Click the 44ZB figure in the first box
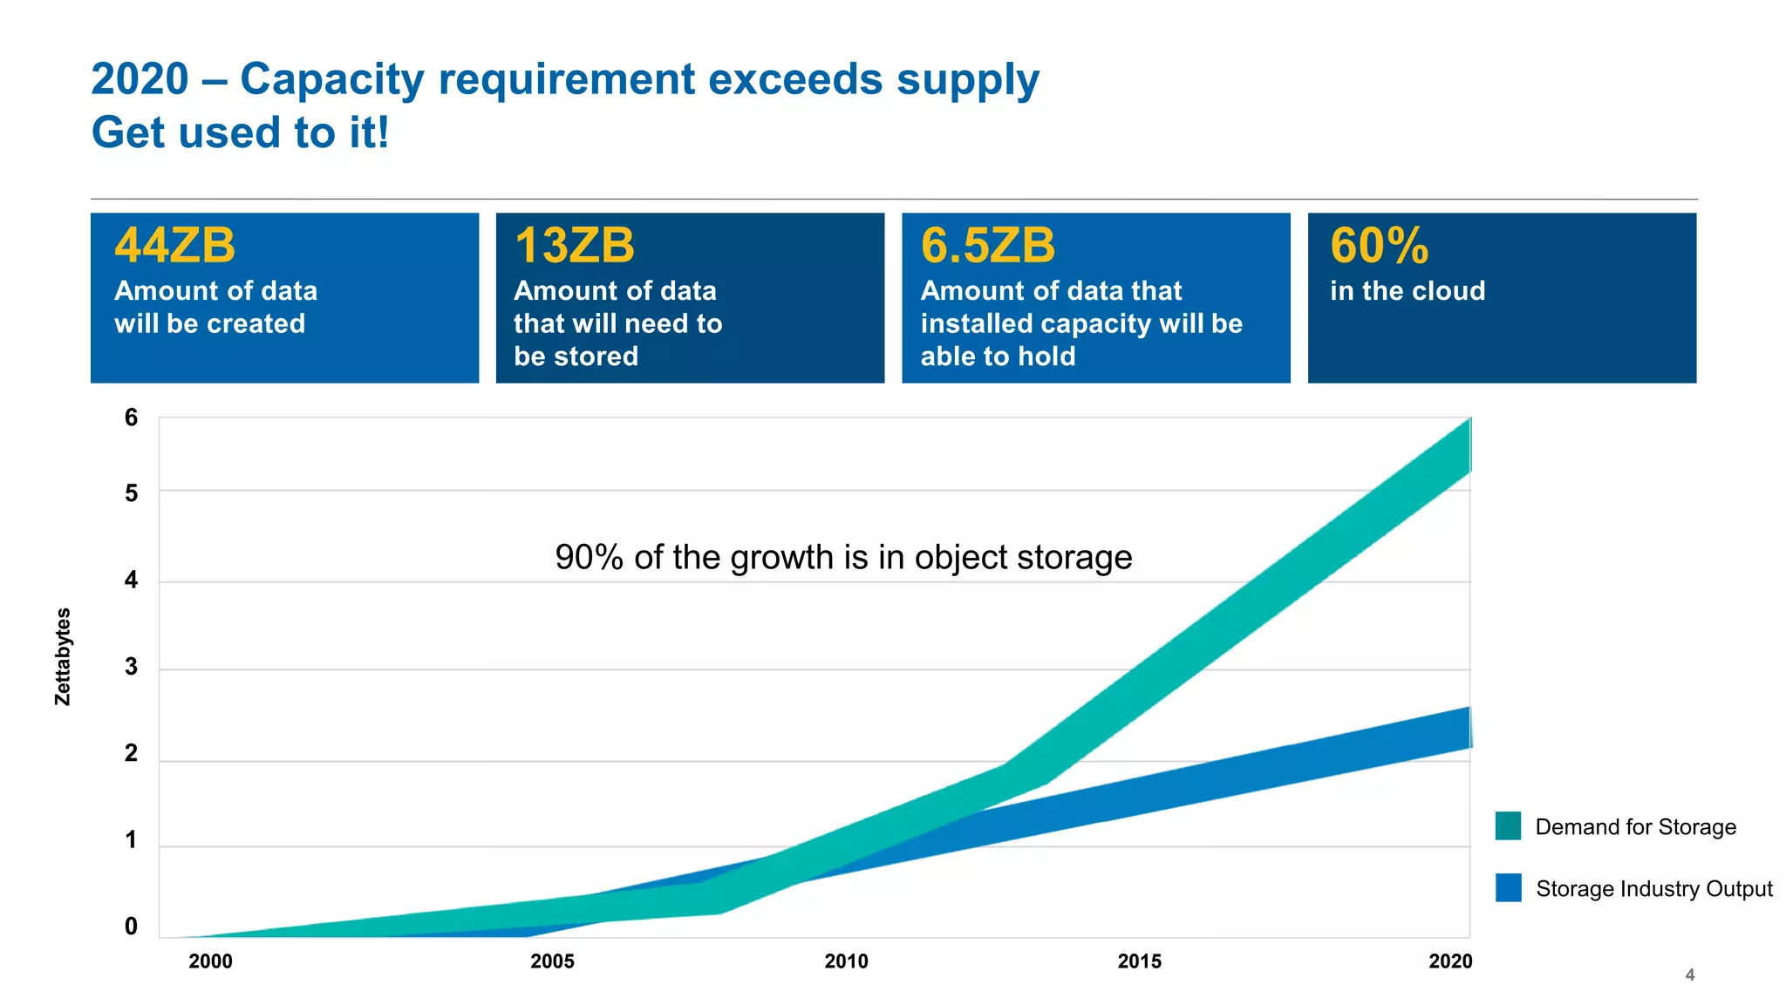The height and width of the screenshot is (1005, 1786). click(x=174, y=246)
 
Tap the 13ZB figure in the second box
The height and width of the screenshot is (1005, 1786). click(x=574, y=246)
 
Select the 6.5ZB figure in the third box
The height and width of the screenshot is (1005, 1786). click(x=987, y=246)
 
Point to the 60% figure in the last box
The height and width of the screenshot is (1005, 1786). click(x=1379, y=246)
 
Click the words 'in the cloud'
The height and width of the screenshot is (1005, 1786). click(x=1407, y=291)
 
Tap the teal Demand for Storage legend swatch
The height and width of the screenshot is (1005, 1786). click(x=1508, y=825)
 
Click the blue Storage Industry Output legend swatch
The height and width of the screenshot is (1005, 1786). click(x=1508, y=887)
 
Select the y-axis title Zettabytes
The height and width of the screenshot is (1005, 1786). click(x=63, y=656)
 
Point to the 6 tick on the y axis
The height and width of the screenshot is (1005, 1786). click(x=131, y=418)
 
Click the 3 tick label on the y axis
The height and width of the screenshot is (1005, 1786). click(x=131, y=668)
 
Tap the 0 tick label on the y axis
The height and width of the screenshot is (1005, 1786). click(x=131, y=927)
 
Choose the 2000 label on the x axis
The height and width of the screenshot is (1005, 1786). click(x=210, y=961)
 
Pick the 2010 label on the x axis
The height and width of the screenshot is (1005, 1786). click(x=846, y=961)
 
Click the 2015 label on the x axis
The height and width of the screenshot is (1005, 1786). click(x=1139, y=961)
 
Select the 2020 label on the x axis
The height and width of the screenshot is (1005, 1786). click(x=1449, y=961)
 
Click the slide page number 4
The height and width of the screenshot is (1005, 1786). click(x=1689, y=975)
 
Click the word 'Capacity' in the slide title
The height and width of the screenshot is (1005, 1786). click(x=332, y=80)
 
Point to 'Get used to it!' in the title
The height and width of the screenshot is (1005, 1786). click(x=240, y=133)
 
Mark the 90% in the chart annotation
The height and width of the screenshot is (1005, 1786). click(x=589, y=558)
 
